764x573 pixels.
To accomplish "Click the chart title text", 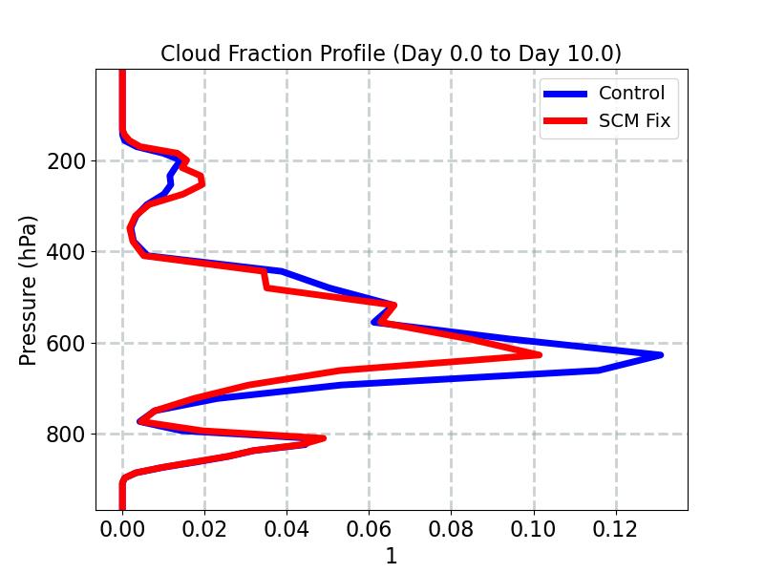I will [391, 53].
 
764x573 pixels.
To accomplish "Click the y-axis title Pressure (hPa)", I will [29, 290].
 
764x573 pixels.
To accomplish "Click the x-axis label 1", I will [391, 557].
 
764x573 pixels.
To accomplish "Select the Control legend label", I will [631, 94].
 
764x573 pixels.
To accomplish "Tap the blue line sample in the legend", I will [565, 94].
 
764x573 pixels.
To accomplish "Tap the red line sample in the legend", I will [565, 122].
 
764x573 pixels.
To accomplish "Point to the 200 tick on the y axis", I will [66, 160].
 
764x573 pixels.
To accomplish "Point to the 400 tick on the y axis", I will [66, 252].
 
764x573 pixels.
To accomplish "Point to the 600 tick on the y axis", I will [66, 343].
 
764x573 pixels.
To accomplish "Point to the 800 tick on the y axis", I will [66, 434].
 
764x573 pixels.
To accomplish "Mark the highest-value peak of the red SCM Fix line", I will [540, 354].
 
